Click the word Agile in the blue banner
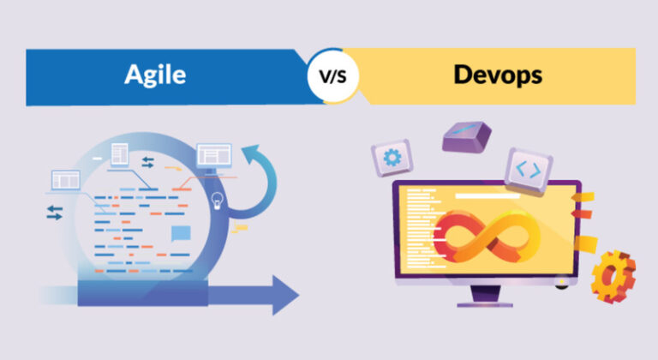(155, 75)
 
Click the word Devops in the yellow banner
(498, 75)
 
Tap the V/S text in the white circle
(332, 76)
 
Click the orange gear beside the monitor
(613, 276)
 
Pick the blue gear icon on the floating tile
(392, 158)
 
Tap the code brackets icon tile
(529, 170)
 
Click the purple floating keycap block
(467, 137)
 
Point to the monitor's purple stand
(485, 297)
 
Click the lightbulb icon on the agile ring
(217, 201)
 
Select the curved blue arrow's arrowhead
(253, 154)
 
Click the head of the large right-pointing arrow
(285, 296)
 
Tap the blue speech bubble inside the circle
(181, 233)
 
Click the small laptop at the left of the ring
(65, 182)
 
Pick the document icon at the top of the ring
(120, 154)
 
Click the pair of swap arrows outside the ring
(55, 213)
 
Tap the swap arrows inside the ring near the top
(147, 162)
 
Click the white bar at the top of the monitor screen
(488, 195)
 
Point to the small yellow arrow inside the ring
(174, 169)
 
